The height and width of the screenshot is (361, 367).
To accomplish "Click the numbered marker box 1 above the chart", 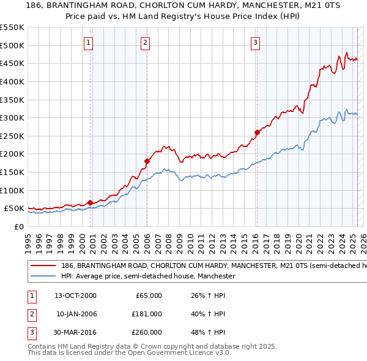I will [89, 42].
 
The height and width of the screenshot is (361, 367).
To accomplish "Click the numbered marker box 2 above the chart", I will [145, 42].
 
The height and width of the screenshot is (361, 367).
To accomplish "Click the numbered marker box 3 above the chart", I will [255, 42].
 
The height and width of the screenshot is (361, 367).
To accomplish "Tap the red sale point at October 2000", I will [91, 203].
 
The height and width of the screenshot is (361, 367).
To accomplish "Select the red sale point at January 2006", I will [147, 161].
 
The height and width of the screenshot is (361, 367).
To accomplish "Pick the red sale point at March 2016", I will [257, 132].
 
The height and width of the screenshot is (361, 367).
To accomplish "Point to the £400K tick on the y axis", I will [12, 81].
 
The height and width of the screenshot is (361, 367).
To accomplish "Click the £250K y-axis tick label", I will [12, 136].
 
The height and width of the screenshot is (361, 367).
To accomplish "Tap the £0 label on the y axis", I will [18, 226].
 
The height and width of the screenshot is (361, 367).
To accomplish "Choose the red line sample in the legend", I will [43, 266].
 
